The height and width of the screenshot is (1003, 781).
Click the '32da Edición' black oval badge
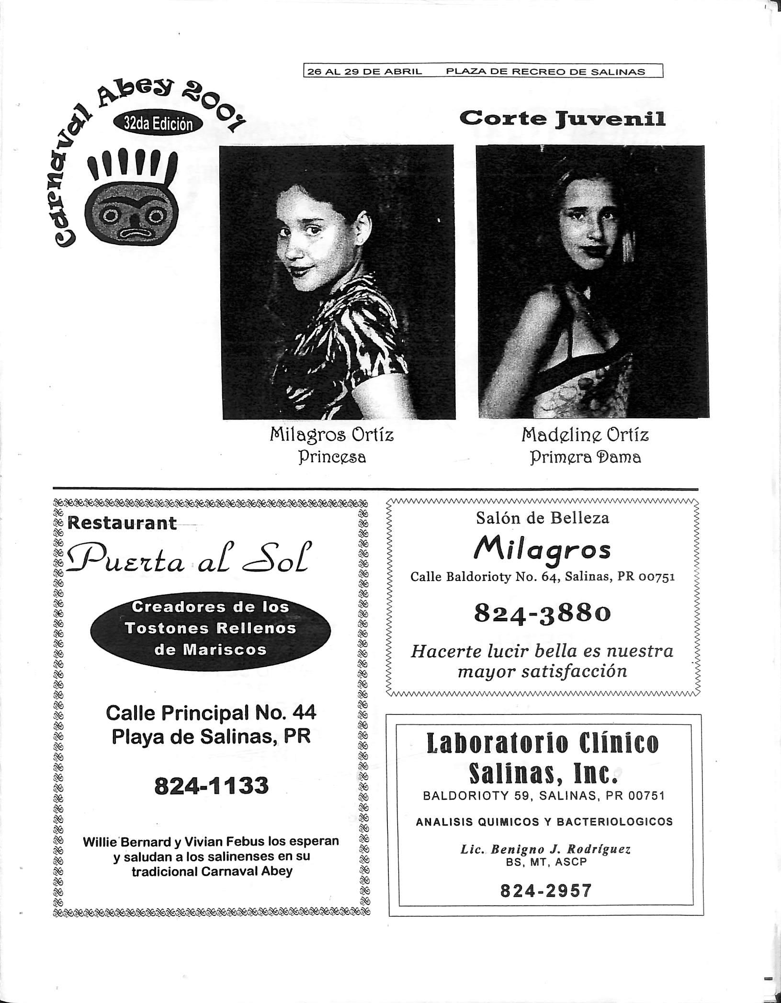[x=158, y=124]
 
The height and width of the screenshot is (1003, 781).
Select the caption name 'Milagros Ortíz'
[x=332, y=435]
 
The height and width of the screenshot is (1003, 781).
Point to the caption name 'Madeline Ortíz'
[x=585, y=435]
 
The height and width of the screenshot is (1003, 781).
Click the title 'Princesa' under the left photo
[x=332, y=457]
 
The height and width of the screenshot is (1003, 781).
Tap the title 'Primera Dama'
[x=585, y=457]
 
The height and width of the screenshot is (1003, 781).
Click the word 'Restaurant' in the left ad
[x=123, y=523]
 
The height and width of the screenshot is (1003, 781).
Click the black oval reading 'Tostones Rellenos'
[x=210, y=628]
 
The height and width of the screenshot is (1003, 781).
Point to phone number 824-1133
[x=211, y=786]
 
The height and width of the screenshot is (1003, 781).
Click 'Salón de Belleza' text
[x=543, y=518]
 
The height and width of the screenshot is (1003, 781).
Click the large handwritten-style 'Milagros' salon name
[x=543, y=550]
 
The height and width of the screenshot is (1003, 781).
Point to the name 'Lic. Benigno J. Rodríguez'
[x=545, y=849]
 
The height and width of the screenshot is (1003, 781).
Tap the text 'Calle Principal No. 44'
[x=211, y=713]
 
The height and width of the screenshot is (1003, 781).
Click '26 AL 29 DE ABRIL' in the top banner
[x=365, y=72]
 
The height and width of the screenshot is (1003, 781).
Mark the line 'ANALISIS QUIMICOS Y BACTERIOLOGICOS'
[x=544, y=822]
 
